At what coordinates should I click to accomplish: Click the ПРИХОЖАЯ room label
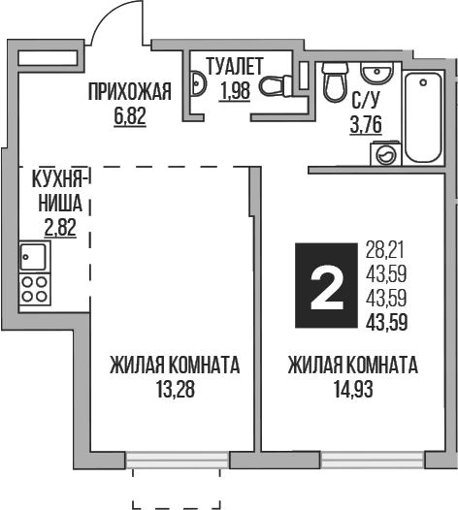coord(129,92)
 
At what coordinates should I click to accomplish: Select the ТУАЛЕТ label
coord(234,68)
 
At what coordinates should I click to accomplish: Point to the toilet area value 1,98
coord(234,91)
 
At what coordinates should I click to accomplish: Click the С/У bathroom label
coord(365,99)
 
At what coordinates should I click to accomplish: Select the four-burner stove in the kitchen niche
coord(35,290)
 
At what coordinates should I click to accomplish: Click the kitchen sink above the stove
coord(34,257)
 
